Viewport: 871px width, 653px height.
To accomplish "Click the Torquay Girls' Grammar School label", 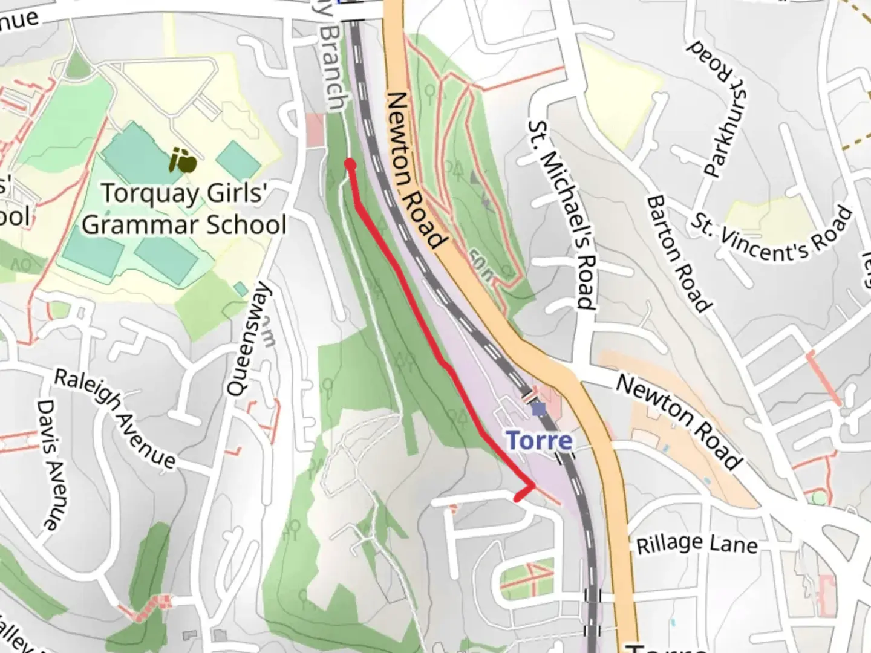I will click(184, 209).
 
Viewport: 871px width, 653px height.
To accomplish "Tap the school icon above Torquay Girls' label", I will click(183, 160).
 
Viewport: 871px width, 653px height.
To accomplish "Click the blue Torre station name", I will click(539, 440).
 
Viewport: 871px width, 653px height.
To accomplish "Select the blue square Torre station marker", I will click(538, 410).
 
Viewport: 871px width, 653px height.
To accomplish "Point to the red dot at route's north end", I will click(350, 163).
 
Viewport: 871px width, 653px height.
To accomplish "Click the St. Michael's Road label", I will click(562, 215).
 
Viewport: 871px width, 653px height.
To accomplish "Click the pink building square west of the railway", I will click(315, 129).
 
